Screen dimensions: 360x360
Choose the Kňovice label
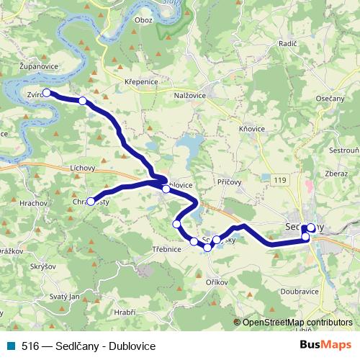(251, 129)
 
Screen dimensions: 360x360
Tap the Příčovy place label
(228, 184)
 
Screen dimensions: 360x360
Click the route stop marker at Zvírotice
(46, 92)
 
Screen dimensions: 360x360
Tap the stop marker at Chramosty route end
(91, 202)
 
